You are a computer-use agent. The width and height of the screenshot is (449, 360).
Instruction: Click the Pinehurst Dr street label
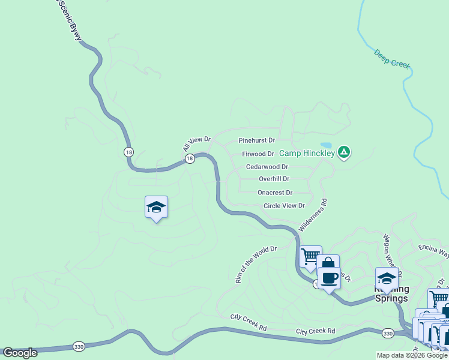coord(256,140)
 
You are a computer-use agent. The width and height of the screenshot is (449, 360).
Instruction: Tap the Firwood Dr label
coord(258,154)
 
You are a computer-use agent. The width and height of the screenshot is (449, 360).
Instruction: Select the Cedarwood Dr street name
coord(267,167)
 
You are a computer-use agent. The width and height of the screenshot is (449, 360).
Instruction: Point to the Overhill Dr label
coord(274,179)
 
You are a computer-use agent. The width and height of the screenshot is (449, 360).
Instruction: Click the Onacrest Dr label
coord(275,193)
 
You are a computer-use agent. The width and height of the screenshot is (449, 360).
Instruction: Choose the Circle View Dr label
coord(285,206)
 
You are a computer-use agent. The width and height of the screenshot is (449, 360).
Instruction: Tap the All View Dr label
coord(197,143)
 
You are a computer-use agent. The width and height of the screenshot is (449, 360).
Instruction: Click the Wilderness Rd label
coord(313,215)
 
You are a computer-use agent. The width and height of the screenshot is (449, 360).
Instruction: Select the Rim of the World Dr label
coord(255,264)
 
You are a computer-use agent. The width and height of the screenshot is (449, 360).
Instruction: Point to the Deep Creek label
coord(392,59)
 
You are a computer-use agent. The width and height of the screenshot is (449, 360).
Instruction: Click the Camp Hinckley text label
coord(306,154)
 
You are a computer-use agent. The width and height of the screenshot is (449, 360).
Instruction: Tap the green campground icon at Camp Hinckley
coord(343,152)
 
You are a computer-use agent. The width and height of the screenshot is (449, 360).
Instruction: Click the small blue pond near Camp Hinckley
coord(326,145)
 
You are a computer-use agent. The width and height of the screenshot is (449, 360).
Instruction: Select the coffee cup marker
coord(328,278)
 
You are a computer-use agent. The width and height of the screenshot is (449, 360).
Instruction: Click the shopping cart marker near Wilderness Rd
coord(310,256)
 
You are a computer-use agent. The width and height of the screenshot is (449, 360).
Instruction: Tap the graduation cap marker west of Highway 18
coord(156,207)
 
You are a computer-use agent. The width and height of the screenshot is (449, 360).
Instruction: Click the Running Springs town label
coord(391,294)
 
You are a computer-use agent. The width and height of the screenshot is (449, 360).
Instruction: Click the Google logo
coord(20,353)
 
